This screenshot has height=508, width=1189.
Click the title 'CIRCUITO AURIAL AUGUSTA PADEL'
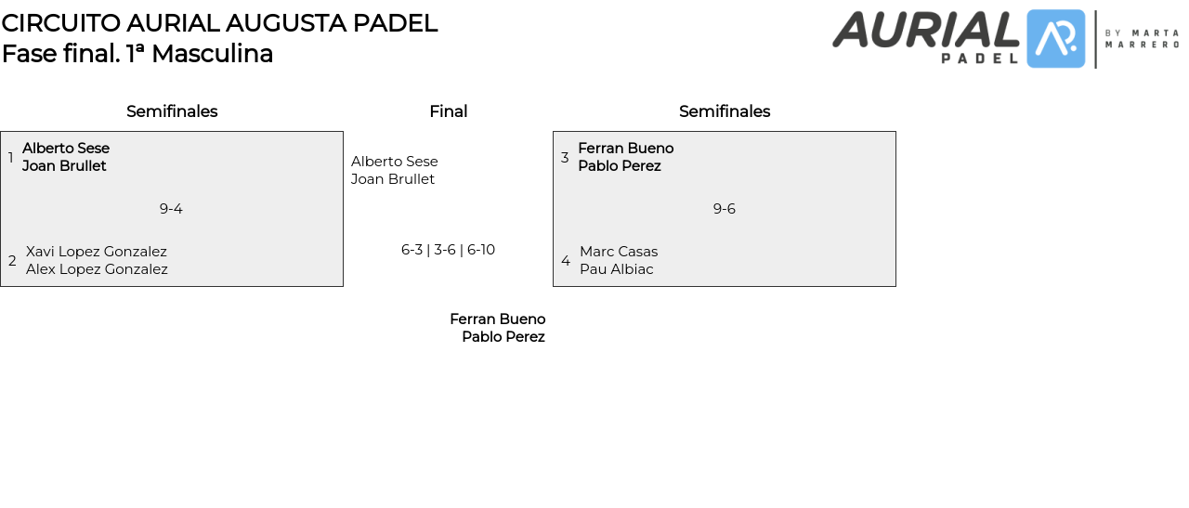coord(219,23)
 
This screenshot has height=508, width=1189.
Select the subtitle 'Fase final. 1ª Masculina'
coord(137,54)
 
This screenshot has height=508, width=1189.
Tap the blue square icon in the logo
coord(1055,39)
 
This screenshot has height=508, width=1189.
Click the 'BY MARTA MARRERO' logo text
coord(1142,38)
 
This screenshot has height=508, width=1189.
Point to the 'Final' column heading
coord(448,111)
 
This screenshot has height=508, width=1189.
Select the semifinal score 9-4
coord(171,209)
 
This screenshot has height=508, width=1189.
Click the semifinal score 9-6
coord(724,209)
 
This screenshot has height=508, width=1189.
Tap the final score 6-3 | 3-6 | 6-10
coord(448,250)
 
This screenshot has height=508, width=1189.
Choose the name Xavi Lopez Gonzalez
coord(97,252)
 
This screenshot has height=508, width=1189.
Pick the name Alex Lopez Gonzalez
coord(97,269)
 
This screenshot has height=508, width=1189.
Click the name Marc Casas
coord(619,252)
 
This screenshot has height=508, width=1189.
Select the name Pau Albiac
coord(617,269)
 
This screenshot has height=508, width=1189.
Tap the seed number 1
coord(11,158)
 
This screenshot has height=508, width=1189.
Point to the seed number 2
coord(12,261)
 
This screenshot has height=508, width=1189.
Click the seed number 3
coord(565,158)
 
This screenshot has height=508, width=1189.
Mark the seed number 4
coord(566,261)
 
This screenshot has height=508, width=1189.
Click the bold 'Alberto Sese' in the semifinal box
coord(66,149)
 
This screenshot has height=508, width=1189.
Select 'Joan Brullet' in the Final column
coord(393,179)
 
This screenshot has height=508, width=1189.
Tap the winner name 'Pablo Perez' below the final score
coord(503,337)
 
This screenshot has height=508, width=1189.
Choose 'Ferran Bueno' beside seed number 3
coord(625,149)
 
